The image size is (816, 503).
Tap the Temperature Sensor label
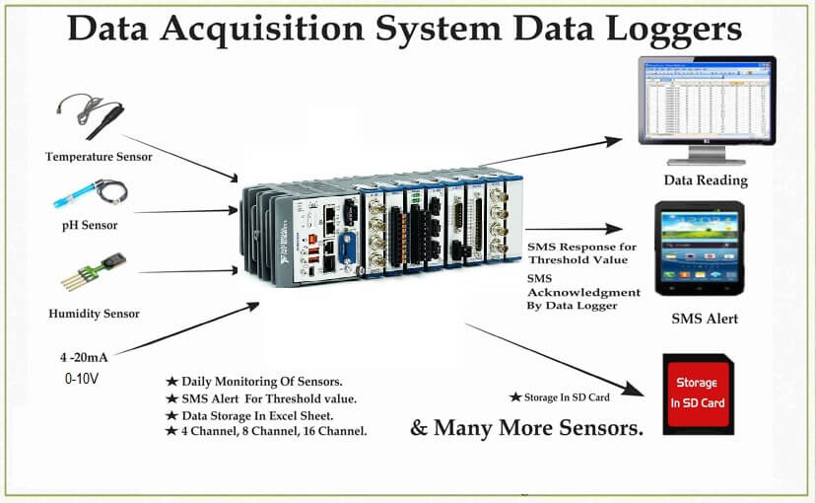pyautogui.click(x=99, y=157)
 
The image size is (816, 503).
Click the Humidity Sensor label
pyautogui.click(x=94, y=314)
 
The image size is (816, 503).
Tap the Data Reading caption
pyautogui.click(x=705, y=180)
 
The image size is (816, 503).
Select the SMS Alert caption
pyautogui.click(x=705, y=319)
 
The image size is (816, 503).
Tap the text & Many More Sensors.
pyautogui.click(x=526, y=429)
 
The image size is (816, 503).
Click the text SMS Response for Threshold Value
pyautogui.click(x=582, y=252)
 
